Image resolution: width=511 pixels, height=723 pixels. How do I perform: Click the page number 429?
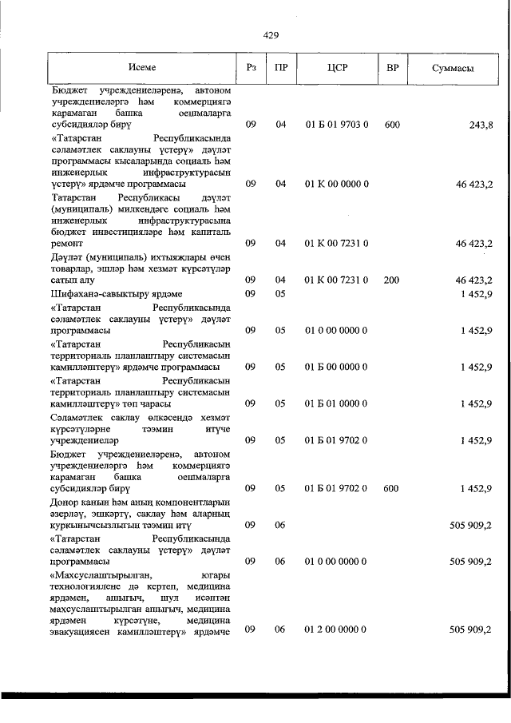[270, 34]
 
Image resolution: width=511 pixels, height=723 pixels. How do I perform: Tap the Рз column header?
[251, 69]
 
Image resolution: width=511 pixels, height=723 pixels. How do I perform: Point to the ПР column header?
[280, 69]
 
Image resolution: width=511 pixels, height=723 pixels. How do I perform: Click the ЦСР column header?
[336, 69]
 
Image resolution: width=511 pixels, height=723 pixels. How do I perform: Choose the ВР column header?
[392, 69]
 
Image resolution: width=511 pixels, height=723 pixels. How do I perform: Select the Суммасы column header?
[452, 69]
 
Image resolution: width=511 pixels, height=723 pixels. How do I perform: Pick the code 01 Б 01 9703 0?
[336, 125]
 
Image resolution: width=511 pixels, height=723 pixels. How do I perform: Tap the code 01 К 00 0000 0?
[336, 184]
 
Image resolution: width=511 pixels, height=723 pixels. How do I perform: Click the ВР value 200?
[392, 280]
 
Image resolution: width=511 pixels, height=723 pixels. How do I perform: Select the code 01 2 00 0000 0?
[336, 630]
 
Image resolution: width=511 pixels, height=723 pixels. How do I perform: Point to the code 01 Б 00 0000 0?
[336, 367]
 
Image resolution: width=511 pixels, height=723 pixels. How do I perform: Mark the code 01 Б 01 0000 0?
[336, 403]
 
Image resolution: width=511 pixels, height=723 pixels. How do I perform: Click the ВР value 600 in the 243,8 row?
[392, 125]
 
